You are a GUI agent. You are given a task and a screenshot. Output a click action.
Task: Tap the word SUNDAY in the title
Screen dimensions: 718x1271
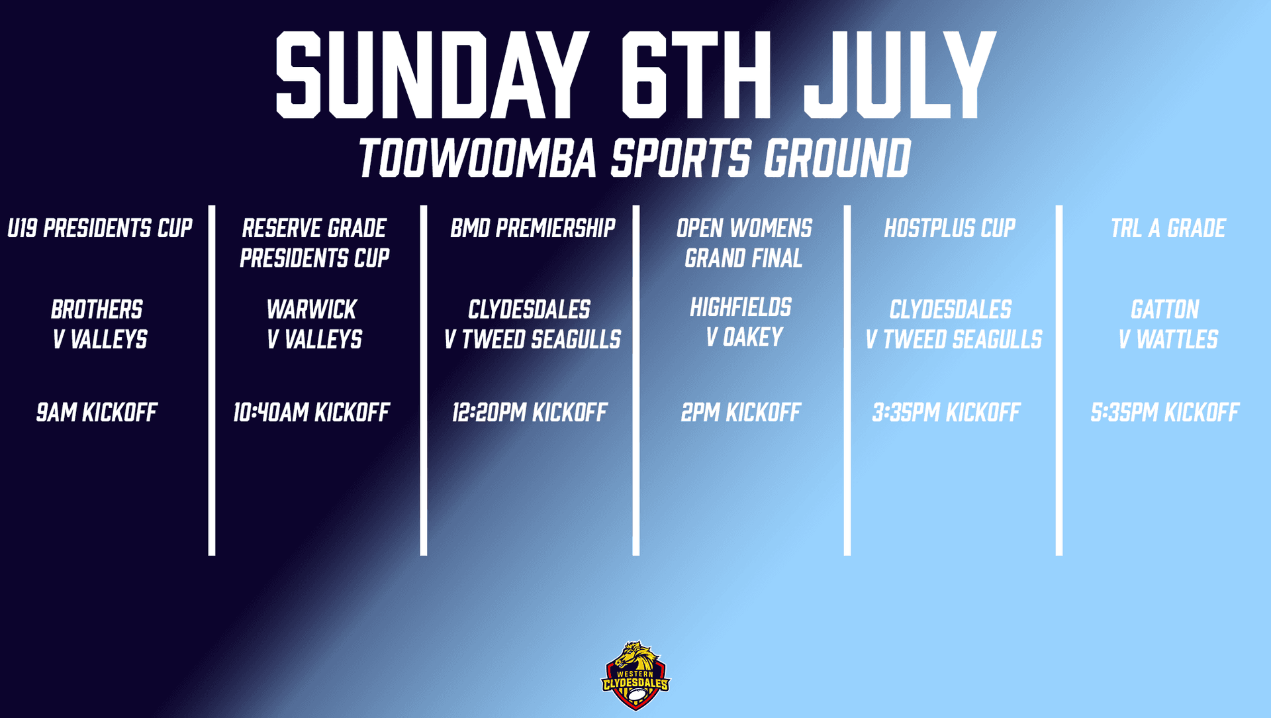coord(431,75)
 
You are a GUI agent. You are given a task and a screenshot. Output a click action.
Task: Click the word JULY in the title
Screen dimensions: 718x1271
coord(900,75)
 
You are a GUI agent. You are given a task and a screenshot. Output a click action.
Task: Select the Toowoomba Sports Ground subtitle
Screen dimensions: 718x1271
coord(635,158)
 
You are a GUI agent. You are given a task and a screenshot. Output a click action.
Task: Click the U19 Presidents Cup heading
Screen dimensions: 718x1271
coord(100,229)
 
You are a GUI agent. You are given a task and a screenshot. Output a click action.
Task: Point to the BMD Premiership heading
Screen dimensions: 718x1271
coord(533,229)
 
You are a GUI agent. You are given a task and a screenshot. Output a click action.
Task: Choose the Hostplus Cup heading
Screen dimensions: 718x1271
coord(950,229)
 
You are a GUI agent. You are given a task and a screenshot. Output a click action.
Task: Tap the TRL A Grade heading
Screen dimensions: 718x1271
coord(1168,229)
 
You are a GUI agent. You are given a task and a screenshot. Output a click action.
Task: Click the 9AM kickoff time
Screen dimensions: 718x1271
coord(97,413)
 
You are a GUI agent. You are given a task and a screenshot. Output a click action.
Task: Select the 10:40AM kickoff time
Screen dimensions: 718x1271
coord(311,413)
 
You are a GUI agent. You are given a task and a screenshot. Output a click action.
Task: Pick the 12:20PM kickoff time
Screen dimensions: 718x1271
coord(530,413)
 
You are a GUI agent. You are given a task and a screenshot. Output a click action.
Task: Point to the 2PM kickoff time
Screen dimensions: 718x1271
coord(741,413)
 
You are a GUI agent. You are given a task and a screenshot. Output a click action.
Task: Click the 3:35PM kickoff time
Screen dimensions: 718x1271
coord(947,413)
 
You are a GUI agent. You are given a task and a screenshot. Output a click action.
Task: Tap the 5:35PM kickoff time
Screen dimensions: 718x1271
coord(1165,413)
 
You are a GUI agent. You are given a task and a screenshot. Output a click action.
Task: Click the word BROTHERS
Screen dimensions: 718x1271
coord(97,309)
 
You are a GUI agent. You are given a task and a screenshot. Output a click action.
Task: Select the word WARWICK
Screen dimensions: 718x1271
coord(312,309)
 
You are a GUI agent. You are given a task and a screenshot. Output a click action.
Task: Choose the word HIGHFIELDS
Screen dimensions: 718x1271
coord(741,307)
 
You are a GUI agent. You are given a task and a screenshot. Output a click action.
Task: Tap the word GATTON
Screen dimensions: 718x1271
coord(1165,309)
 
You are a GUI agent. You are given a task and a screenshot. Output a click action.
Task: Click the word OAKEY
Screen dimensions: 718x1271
coord(753,338)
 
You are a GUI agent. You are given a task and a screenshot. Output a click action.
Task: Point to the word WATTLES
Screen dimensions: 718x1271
coord(1177,340)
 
